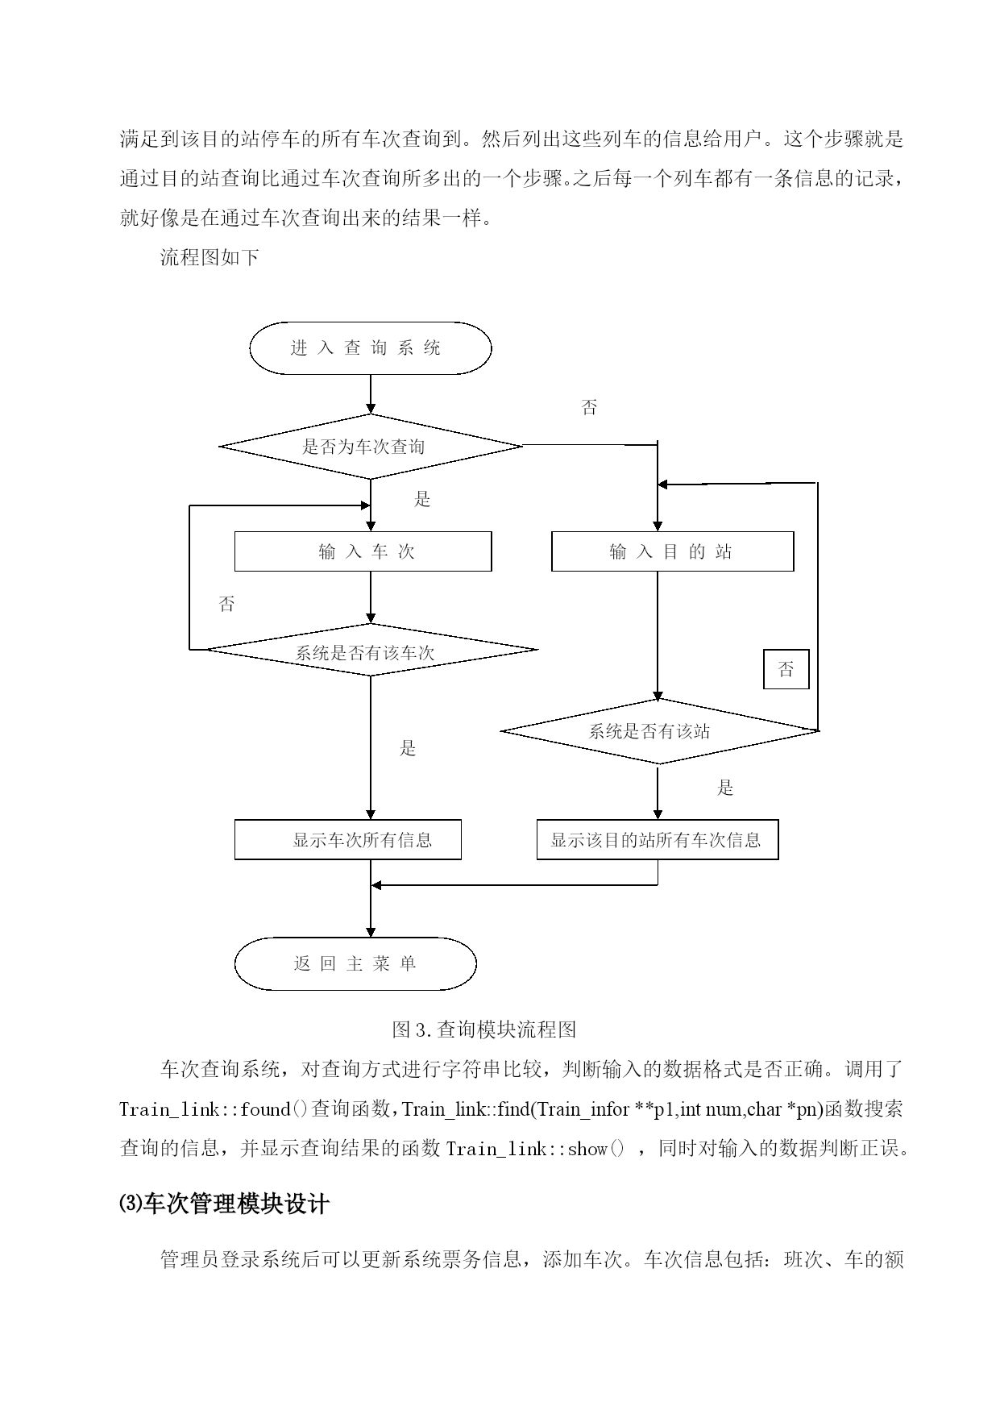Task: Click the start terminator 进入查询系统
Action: [370, 348]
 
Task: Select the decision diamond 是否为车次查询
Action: [370, 446]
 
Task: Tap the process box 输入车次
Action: [363, 551]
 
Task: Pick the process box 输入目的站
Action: [672, 551]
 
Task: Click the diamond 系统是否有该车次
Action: [370, 650]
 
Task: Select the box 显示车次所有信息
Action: [347, 840]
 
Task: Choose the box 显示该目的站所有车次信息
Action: [658, 840]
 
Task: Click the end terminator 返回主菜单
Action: [355, 963]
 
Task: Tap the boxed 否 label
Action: [786, 669]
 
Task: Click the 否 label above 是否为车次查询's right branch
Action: [590, 408]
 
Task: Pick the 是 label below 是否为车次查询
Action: [422, 500]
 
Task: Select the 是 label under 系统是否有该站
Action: [725, 788]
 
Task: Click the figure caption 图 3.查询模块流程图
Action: [483, 1029]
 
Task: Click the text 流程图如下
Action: [210, 258]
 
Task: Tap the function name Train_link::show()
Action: [535, 1149]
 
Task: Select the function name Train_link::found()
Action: [214, 1109]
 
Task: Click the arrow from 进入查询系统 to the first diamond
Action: [370, 394]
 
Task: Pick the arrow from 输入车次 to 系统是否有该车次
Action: [370, 597]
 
